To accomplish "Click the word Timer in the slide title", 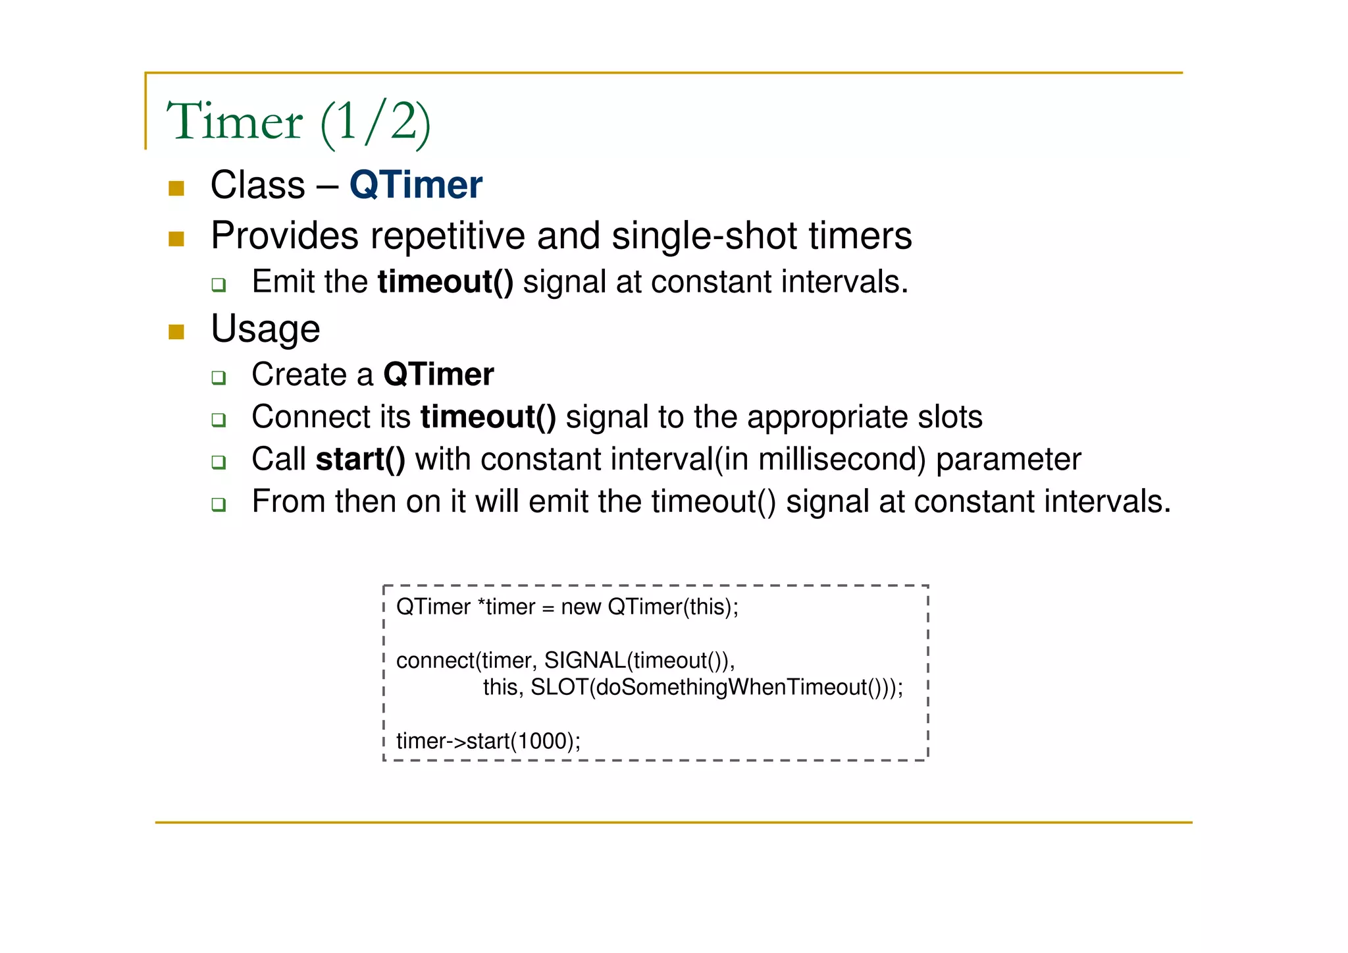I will pos(234,122).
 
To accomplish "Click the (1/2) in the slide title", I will pos(376,123).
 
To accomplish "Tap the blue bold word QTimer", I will pos(415,185).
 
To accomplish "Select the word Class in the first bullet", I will pos(257,185).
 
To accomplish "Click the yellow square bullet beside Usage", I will pos(176,331).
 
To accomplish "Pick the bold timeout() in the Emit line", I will pos(445,283).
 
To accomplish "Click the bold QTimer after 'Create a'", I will pos(438,375).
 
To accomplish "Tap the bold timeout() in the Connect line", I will pos(488,418).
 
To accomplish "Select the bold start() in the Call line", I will pos(360,460).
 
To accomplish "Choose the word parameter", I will pos(1008,460).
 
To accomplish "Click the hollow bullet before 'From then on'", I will pos(219,504).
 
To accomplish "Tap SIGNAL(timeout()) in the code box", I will pos(638,661).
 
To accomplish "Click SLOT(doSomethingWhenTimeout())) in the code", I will pos(716,688).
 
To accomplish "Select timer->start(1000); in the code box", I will pos(488,742).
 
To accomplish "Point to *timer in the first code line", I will pos(505,607).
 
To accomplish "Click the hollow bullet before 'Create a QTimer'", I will pos(219,377).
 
